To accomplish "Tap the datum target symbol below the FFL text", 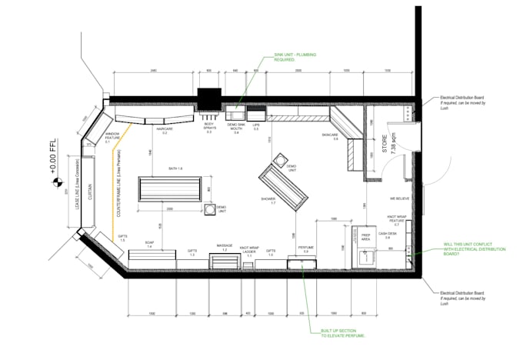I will pyautogui.click(x=55, y=183).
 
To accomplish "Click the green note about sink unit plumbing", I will pyautogui.click(x=285, y=58).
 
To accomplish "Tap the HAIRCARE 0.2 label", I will pyautogui.click(x=164, y=131).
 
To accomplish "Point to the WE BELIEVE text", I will pyautogui.click(x=398, y=196).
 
